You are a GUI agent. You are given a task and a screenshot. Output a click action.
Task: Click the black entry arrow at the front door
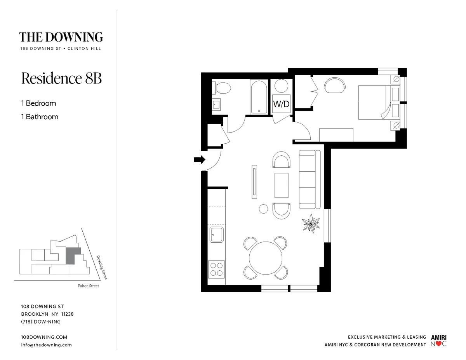(x=199, y=159)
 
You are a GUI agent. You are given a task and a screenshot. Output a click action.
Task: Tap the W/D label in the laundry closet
(x=281, y=104)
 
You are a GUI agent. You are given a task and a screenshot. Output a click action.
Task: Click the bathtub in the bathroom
(x=258, y=97)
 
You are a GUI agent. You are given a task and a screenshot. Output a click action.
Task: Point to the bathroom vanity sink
(x=216, y=104)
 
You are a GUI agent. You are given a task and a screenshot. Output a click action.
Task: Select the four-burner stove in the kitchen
(x=217, y=269)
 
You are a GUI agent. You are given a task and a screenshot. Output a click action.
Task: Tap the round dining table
(x=265, y=258)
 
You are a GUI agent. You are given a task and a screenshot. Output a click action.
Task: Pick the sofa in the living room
(x=310, y=179)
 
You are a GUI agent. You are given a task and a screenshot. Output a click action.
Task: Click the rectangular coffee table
(x=282, y=186)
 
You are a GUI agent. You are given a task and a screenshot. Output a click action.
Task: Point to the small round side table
(x=264, y=209)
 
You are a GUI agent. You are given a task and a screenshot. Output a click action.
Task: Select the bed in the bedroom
(x=373, y=103)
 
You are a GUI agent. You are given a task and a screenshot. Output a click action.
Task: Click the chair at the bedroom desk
(x=334, y=85)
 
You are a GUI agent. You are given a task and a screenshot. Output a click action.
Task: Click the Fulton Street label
(x=88, y=286)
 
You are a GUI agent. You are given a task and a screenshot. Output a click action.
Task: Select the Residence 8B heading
(x=61, y=78)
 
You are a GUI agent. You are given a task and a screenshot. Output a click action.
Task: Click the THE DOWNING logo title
(x=61, y=37)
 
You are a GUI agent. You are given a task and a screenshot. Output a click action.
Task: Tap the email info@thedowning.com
(x=46, y=345)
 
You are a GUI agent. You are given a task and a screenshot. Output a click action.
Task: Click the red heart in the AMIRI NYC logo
(x=438, y=344)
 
